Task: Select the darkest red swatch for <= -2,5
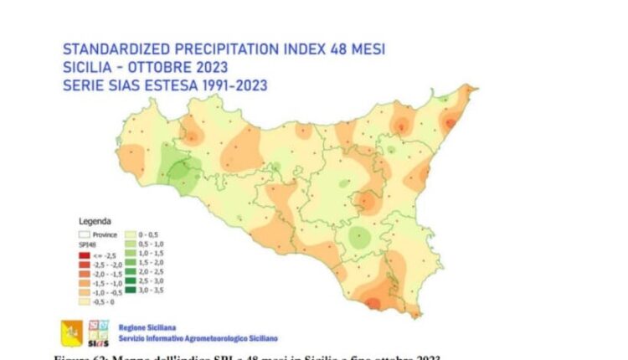click(x=85, y=254)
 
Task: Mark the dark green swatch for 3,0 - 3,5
click(x=131, y=291)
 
